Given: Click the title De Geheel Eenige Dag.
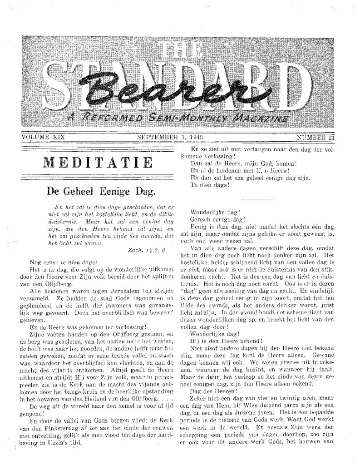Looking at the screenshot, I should [x=96, y=191].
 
